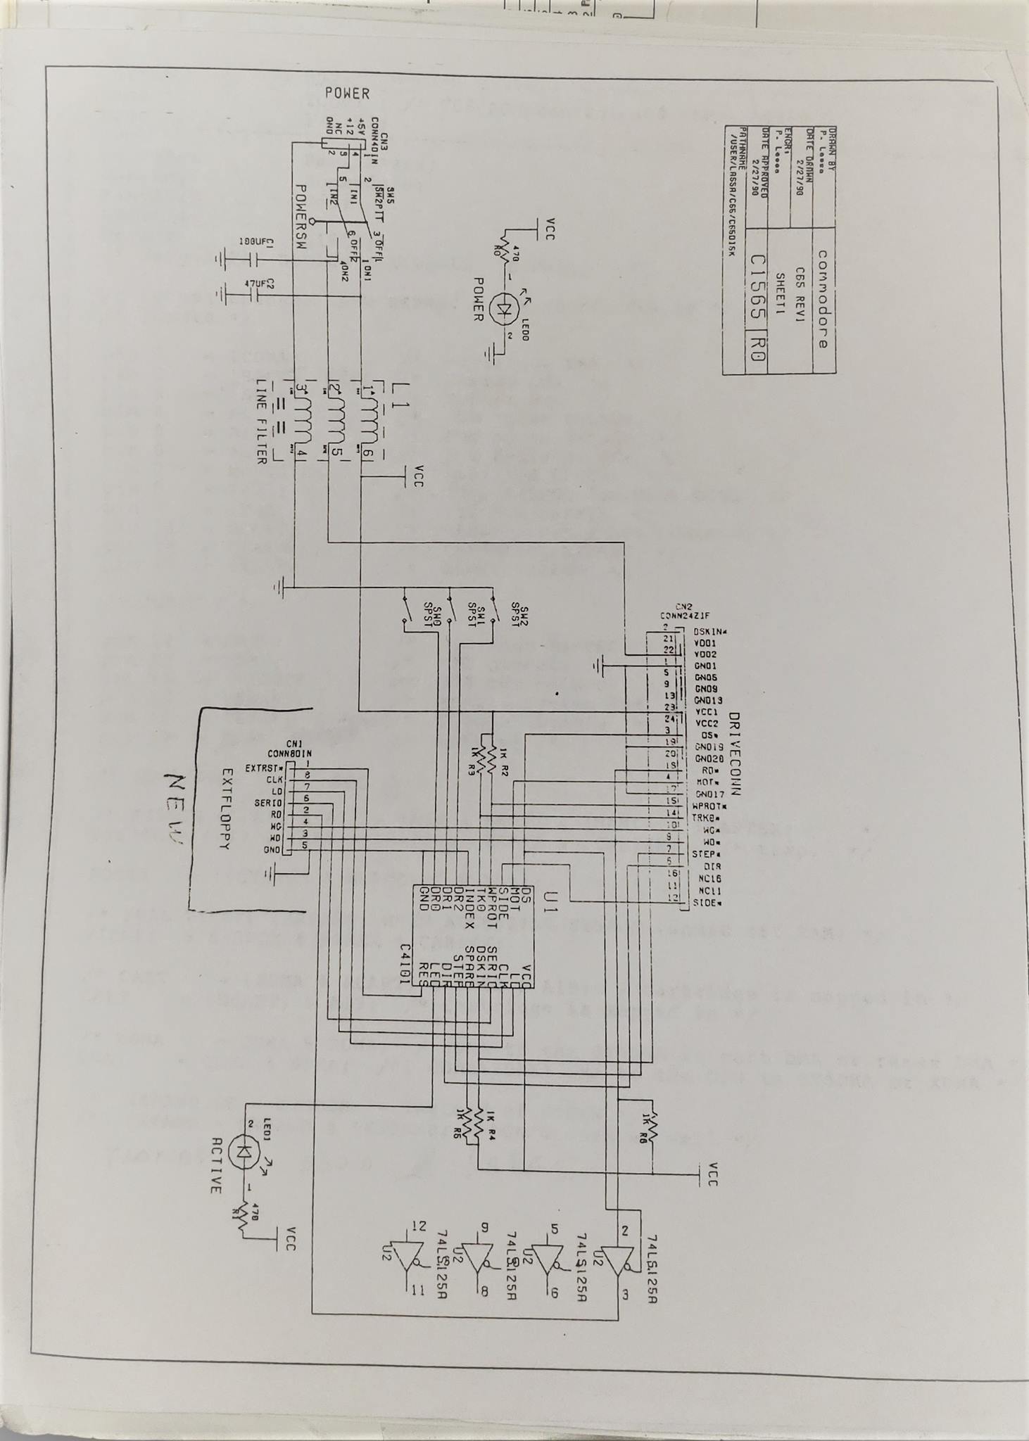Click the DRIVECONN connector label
[x=735, y=754]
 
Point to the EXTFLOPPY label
[x=226, y=809]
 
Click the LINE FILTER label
[x=261, y=421]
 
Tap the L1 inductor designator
[x=400, y=391]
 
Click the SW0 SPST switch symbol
[x=405, y=609]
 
